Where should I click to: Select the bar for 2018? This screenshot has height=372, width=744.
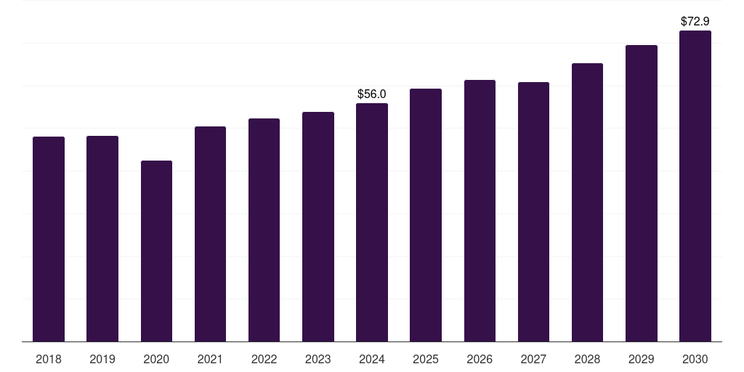point(49,239)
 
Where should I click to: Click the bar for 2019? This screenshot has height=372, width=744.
point(102,238)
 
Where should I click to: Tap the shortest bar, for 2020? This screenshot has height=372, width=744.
point(157,251)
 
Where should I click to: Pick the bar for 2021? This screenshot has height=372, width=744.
point(210,234)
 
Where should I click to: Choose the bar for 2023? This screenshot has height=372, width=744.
point(318,227)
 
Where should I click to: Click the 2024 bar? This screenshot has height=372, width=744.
point(372,222)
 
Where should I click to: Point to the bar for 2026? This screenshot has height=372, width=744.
point(480,211)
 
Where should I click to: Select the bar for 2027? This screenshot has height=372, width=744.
point(534,211)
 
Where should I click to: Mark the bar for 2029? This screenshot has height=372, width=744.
point(642,193)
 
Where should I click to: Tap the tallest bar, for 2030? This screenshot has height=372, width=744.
point(695,186)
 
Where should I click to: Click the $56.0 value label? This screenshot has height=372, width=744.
point(372,94)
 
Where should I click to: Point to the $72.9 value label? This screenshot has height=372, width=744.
point(695,21)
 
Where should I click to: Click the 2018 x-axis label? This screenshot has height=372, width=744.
point(49,359)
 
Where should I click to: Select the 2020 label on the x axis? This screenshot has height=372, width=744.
point(157,359)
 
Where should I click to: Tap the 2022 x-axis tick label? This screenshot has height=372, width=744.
point(264,359)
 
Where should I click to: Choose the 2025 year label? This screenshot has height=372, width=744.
point(426,359)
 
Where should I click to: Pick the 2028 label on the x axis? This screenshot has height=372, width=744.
point(587,359)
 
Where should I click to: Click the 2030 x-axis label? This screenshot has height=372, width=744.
point(695,359)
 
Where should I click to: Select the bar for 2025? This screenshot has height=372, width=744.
point(426,215)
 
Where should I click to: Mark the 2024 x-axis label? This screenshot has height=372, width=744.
point(372,359)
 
